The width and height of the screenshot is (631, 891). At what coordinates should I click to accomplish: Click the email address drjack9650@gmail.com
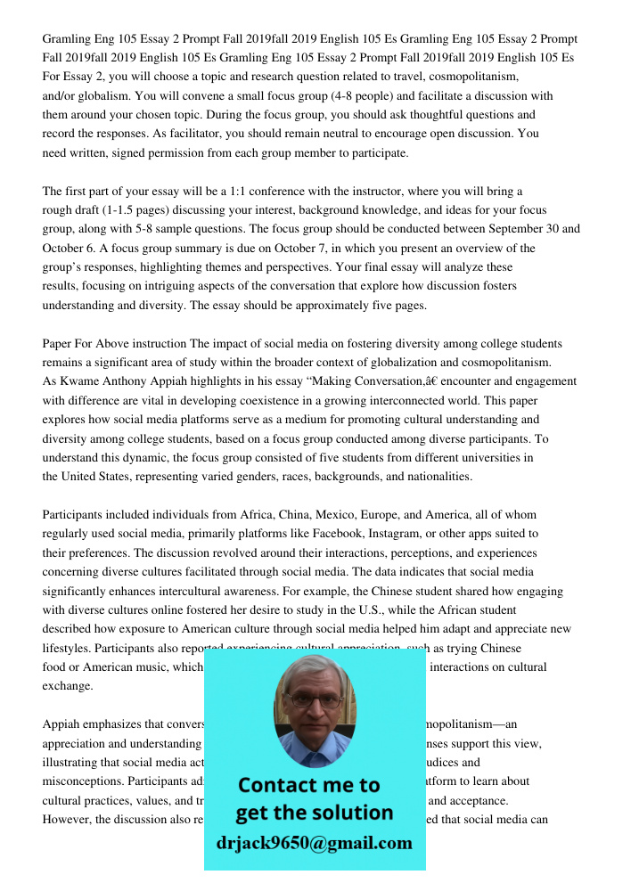(314, 843)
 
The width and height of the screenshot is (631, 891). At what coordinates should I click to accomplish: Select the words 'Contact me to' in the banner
(308, 785)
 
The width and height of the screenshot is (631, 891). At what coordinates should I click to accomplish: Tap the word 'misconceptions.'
(83, 781)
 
